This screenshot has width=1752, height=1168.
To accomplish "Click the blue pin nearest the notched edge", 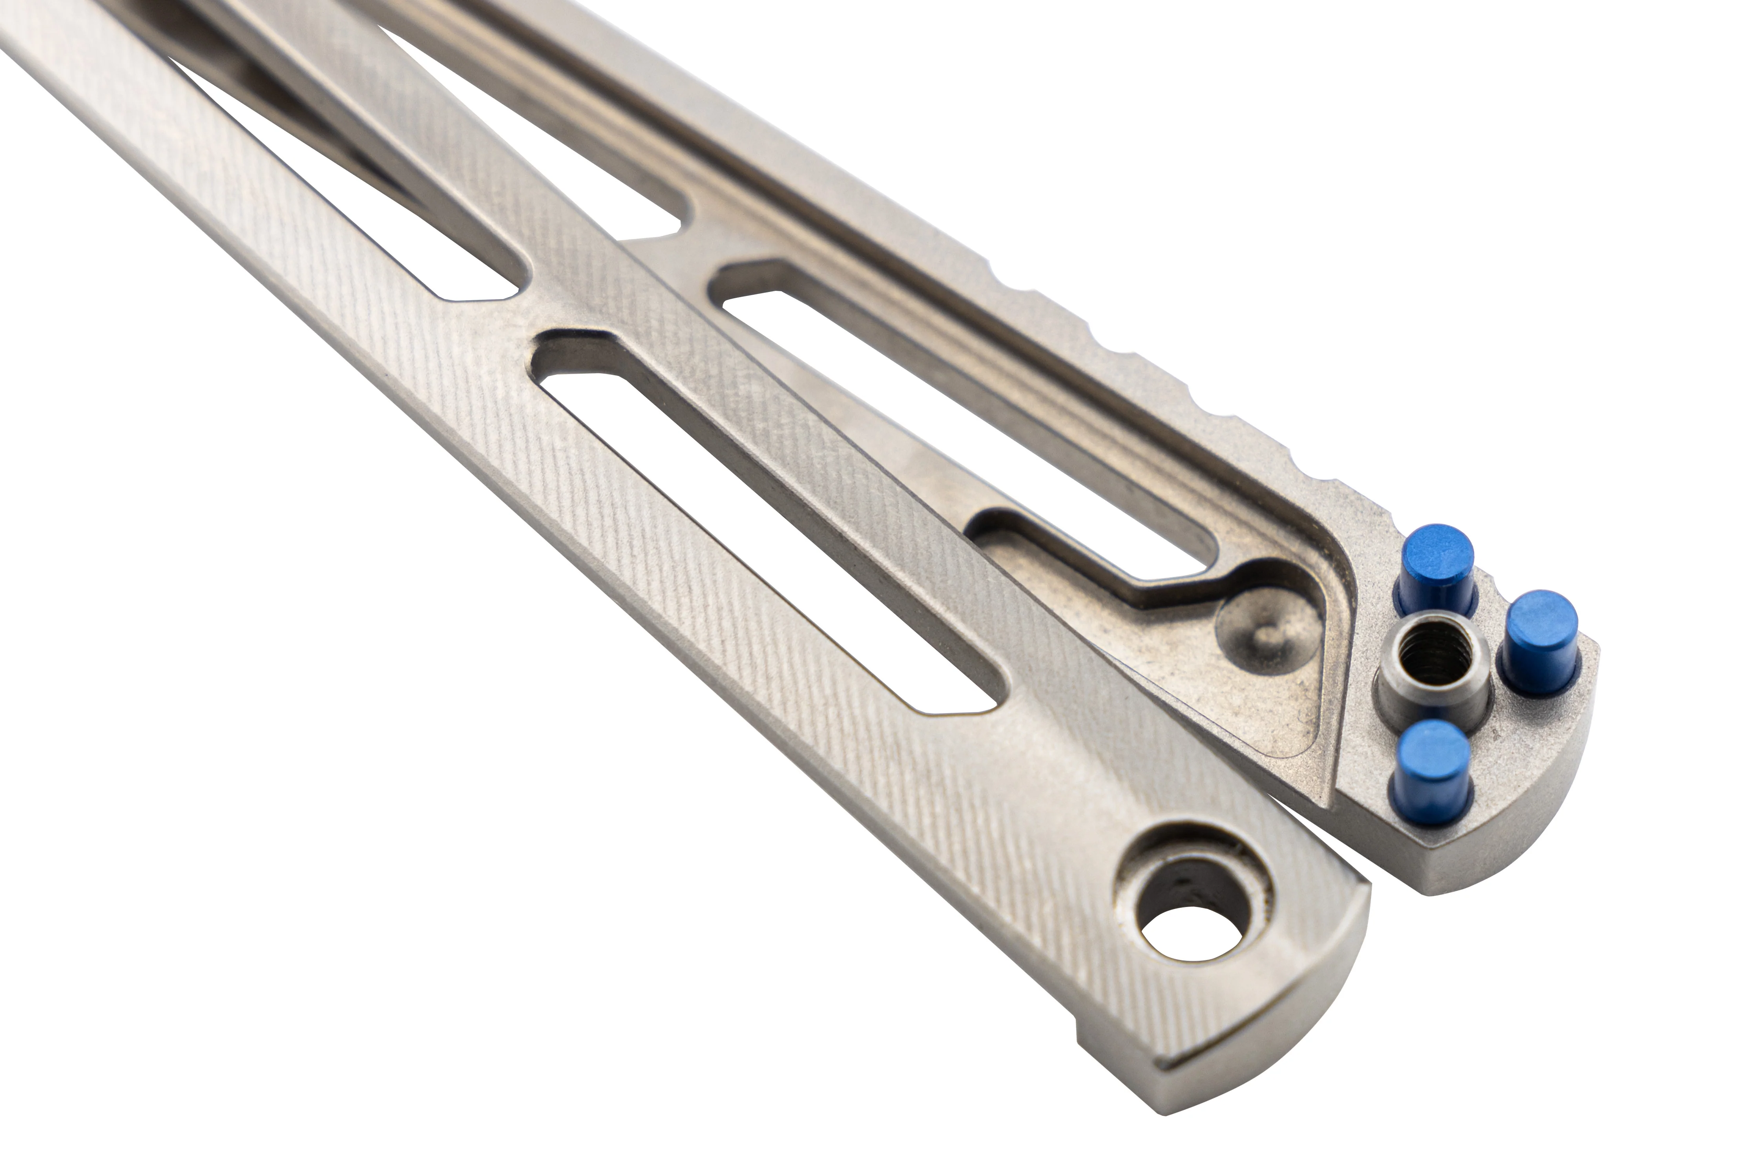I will [1436, 560].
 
